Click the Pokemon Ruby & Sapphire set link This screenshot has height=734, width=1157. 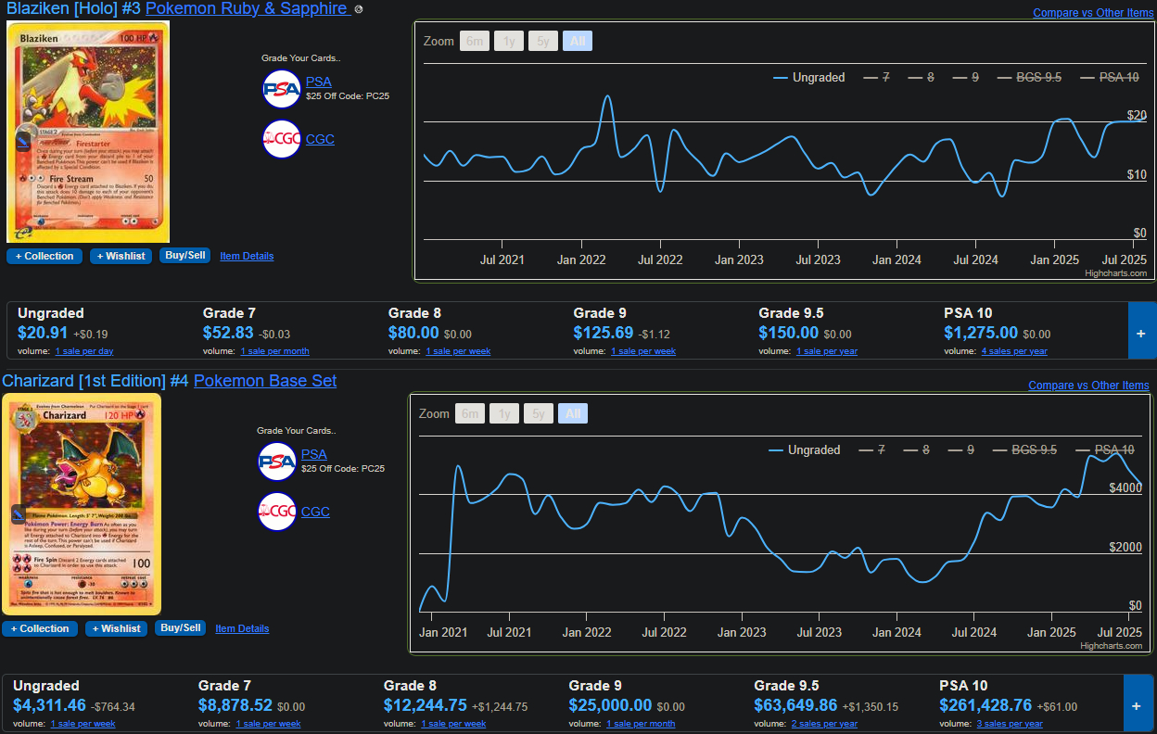(x=246, y=8)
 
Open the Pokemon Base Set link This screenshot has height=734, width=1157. (x=265, y=381)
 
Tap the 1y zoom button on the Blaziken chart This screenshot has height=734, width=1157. (x=509, y=42)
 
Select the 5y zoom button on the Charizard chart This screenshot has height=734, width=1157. (x=539, y=414)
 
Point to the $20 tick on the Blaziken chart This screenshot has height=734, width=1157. (x=1137, y=116)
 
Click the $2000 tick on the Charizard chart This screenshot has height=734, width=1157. (x=1125, y=548)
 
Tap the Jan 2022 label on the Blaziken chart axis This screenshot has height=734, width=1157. (x=581, y=260)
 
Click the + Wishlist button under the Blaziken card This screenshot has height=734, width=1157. (x=121, y=257)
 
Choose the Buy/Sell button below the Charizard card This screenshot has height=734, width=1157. (x=180, y=628)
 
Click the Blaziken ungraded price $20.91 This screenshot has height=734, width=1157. (x=43, y=333)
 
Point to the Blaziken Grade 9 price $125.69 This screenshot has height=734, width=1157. (x=604, y=333)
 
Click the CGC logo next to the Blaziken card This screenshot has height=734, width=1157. (x=281, y=140)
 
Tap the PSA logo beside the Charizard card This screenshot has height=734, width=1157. (x=276, y=462)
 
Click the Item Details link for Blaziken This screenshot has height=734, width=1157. (x=247, y=257)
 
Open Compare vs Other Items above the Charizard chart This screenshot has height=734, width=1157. (x=1088, y=386)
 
